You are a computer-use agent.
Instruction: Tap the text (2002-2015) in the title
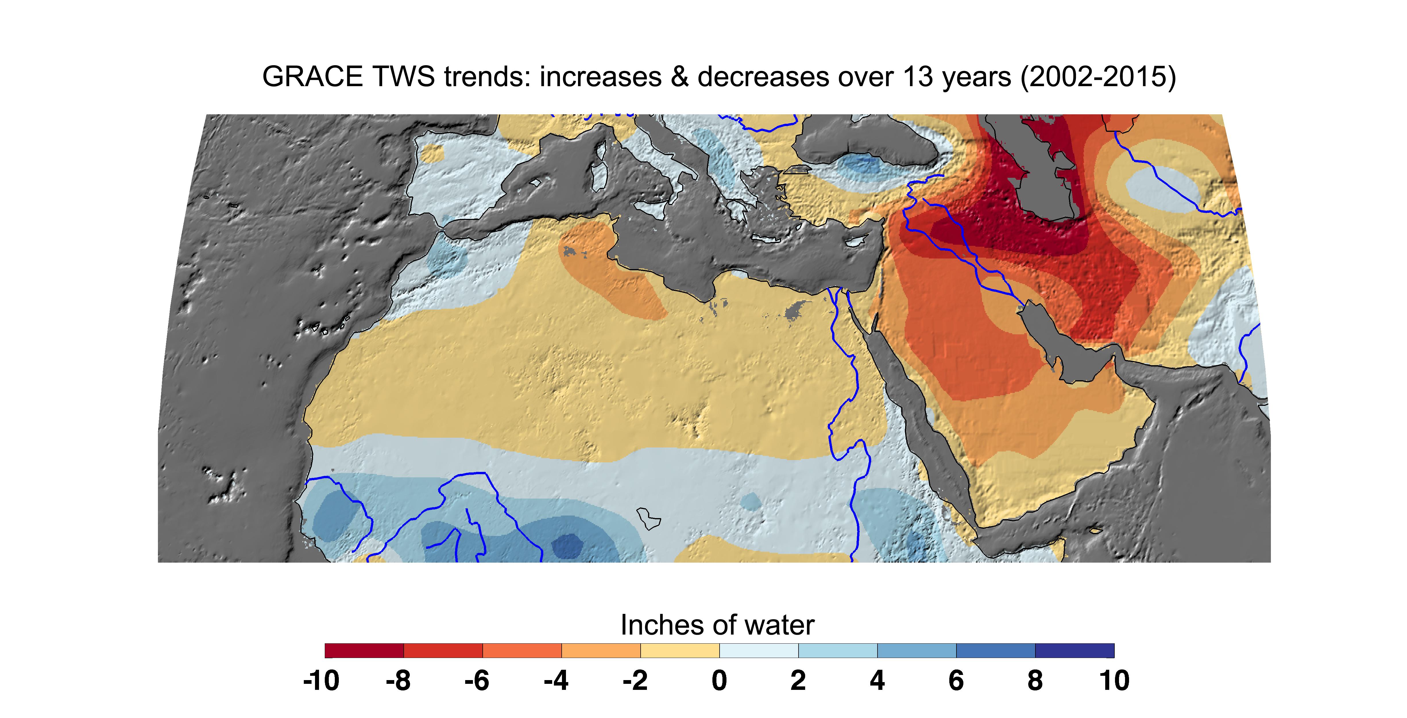click(1098, 76)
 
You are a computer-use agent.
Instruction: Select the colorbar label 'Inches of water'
click(717, 625)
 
